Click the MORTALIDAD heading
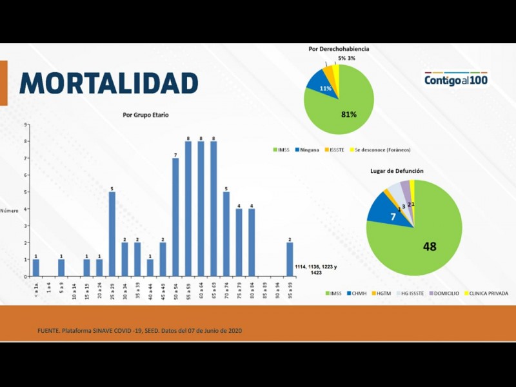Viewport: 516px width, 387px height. coord(109,83)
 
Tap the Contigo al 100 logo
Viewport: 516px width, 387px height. coord(456,80)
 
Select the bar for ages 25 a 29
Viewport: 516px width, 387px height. coord(112,233)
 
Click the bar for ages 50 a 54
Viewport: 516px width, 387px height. coord(175,217)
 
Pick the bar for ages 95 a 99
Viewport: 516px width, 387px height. coord(290,259)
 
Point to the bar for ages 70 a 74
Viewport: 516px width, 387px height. coord(226,233)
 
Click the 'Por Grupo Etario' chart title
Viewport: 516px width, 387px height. coord(146,115)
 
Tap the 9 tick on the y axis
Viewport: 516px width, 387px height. coord(26,124)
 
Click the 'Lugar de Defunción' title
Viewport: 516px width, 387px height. coord(396,171)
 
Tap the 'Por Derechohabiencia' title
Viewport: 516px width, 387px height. coord(339,49)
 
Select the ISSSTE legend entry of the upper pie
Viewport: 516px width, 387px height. coord(333,150)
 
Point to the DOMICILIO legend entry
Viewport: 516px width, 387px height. coord(444,293)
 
